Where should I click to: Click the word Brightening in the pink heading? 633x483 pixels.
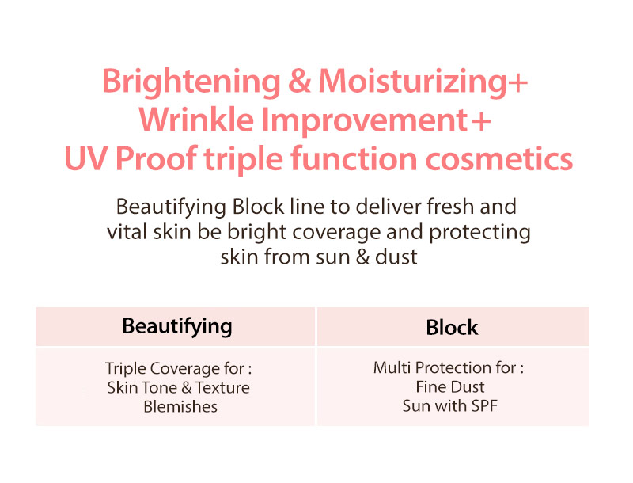(191, 83)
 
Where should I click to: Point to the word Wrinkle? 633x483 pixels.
(196, 120)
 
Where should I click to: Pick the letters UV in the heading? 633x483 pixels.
(85, 158)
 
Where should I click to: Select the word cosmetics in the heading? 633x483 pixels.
(499, 158)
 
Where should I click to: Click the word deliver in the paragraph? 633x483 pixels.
(389, 207)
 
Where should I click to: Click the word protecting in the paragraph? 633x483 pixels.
(479, 233)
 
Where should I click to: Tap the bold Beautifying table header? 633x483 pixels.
(177, 326)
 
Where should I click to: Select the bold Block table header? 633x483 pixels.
(452, 327)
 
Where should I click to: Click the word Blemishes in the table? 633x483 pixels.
(180, 406)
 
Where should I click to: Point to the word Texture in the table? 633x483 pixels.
(222, 388)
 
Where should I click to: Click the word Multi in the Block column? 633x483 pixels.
(392, 367)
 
